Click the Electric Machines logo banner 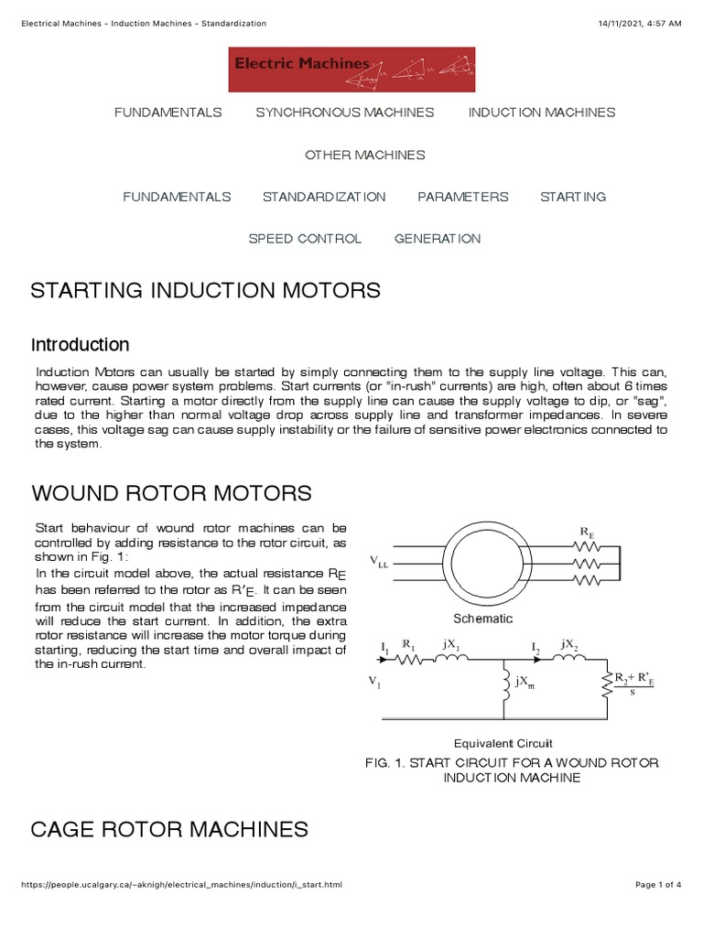(351, 70)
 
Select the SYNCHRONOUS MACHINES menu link (344, 113)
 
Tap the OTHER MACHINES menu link (364, 155)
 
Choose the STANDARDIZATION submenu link (324, 197)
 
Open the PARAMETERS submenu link (462, 197)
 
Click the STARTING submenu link (572, 197)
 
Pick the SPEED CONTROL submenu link (305, 239)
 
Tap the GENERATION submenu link (437, 239)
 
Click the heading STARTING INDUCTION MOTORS (205, 291)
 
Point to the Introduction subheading (80, 345)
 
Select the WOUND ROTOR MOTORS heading (171, 494)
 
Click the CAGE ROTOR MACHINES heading (169, 830)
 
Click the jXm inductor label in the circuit (525, 683)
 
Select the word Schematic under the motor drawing (483, 619)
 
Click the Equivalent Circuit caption (503, 743)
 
